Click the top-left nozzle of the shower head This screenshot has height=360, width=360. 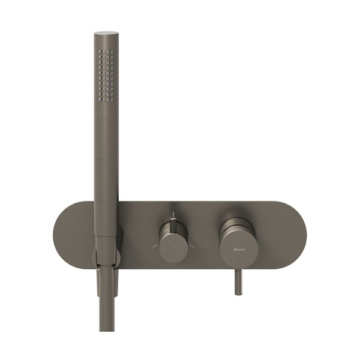coord(100,51)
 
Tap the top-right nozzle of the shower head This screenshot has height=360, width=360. coord(112,51)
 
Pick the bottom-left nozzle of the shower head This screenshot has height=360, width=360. coord(100,100)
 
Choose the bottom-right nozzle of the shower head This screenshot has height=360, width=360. coord(112,100)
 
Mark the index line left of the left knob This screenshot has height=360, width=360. coord(155,246)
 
